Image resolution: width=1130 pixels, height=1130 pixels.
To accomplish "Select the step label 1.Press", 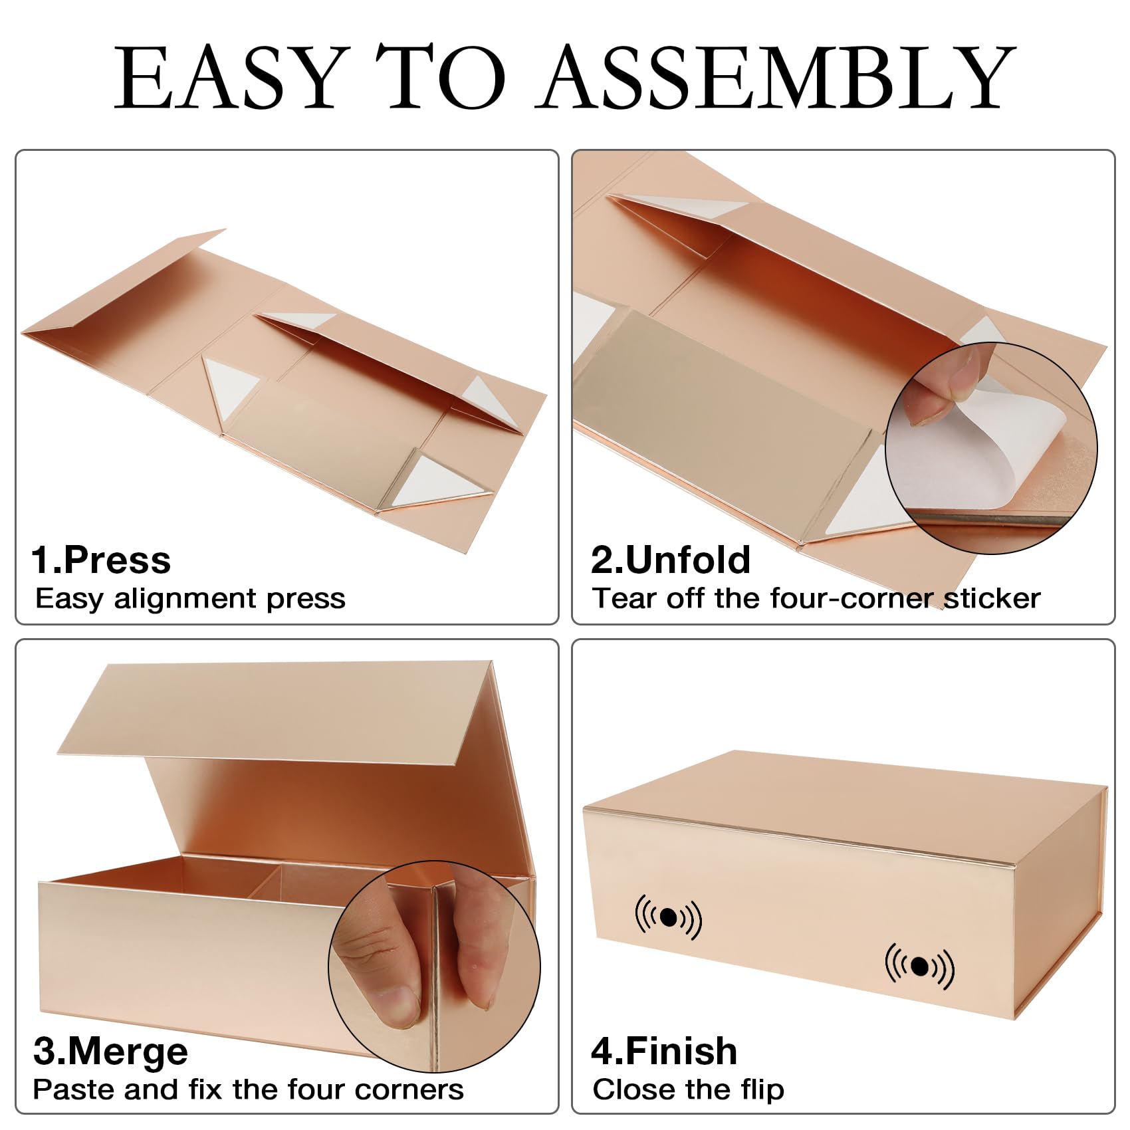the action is [101, 560].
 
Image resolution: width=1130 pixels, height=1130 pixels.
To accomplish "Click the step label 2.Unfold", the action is [671, 560].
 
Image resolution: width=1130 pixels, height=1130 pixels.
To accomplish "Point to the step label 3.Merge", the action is [110, 1053].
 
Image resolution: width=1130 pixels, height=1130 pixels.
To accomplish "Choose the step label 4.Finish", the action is [664, 1052].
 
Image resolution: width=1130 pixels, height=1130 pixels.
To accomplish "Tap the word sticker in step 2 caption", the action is [992, 598].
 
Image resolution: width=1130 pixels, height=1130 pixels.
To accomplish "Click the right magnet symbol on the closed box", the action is [919, 966].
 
